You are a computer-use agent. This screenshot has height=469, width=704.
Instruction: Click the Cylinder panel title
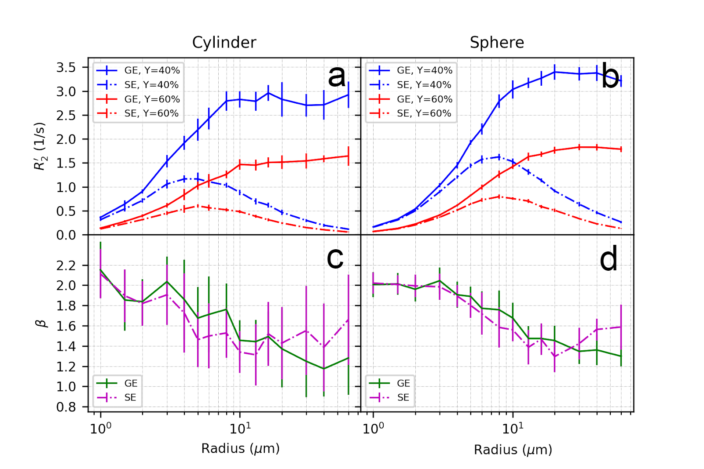[x=224, y=43]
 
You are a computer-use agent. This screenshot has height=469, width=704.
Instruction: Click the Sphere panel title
[x=497, y=43]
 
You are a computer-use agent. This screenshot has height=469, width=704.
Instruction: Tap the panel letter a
[x=337, y=76]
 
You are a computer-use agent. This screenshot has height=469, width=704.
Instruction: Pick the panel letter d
[x=609, y=259]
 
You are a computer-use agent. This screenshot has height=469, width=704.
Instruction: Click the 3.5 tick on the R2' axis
[x=66, y=68]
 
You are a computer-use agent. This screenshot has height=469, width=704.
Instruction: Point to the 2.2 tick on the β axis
[x=66, y=265]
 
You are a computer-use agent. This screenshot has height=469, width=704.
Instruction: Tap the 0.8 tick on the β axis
[x=66, y=407]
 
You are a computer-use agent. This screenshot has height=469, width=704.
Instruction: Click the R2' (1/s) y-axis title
[x=40, y=146]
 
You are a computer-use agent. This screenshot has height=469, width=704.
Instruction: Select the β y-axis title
[x=40, y=324]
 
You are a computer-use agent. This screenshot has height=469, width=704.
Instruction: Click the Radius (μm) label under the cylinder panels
[x=240, y=449]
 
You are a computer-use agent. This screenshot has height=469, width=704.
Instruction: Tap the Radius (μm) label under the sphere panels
[x=513, y=450]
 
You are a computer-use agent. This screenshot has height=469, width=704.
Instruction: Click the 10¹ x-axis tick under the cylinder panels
[x=240, y=428]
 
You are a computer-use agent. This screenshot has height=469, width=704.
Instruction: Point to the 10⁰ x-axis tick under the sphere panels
[x=373, y=428]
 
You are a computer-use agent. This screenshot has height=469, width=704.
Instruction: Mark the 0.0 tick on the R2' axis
[x=66, y=235]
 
